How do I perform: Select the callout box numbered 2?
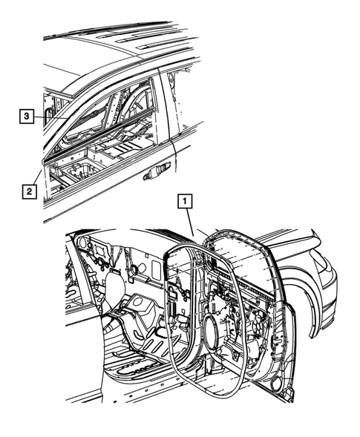[27, 192]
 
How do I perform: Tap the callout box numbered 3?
[26, 116]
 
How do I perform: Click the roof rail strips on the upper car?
[119, 33]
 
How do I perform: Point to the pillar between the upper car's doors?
[165, 104]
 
